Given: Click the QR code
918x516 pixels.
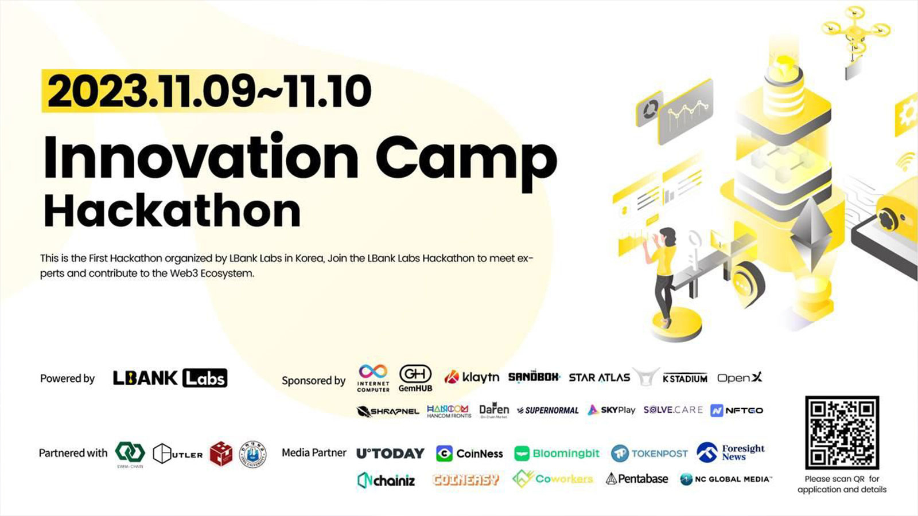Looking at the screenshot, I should coord(842,432).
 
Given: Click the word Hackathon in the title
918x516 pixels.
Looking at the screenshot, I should coord(172,212).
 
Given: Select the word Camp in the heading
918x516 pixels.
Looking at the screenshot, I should coord(466,158).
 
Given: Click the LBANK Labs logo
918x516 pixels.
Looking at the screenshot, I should coord(170,378).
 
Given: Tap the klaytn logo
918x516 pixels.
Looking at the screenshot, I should coord(472,377).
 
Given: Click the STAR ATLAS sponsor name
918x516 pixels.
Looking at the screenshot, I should coord(599,378).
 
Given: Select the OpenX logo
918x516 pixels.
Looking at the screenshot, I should coord(740,377).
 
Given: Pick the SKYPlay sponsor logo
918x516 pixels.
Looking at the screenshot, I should coord(612,410).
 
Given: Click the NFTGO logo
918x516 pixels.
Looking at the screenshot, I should coord(737,411).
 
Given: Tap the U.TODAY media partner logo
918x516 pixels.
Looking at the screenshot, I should coord(390,454).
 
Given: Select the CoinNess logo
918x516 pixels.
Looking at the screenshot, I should coord(469,454).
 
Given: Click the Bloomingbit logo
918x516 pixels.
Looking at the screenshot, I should coord(557,454).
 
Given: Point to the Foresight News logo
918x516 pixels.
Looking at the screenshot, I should coord(731,452).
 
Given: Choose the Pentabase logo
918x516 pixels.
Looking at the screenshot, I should coord(637,479).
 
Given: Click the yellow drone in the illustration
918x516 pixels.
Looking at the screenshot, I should coord(855,32).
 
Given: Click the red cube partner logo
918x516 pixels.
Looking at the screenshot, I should coord(221,454).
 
